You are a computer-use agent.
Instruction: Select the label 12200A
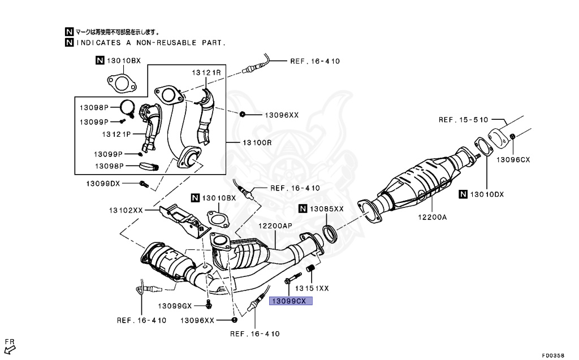point(433,216)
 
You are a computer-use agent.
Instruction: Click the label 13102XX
point(126,210)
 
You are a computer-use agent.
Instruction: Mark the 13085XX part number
point(326,209)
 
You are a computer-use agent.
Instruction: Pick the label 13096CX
point(513,159)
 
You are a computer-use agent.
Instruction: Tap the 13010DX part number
point(486,194)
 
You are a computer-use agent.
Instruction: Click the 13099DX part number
point(103,184)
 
